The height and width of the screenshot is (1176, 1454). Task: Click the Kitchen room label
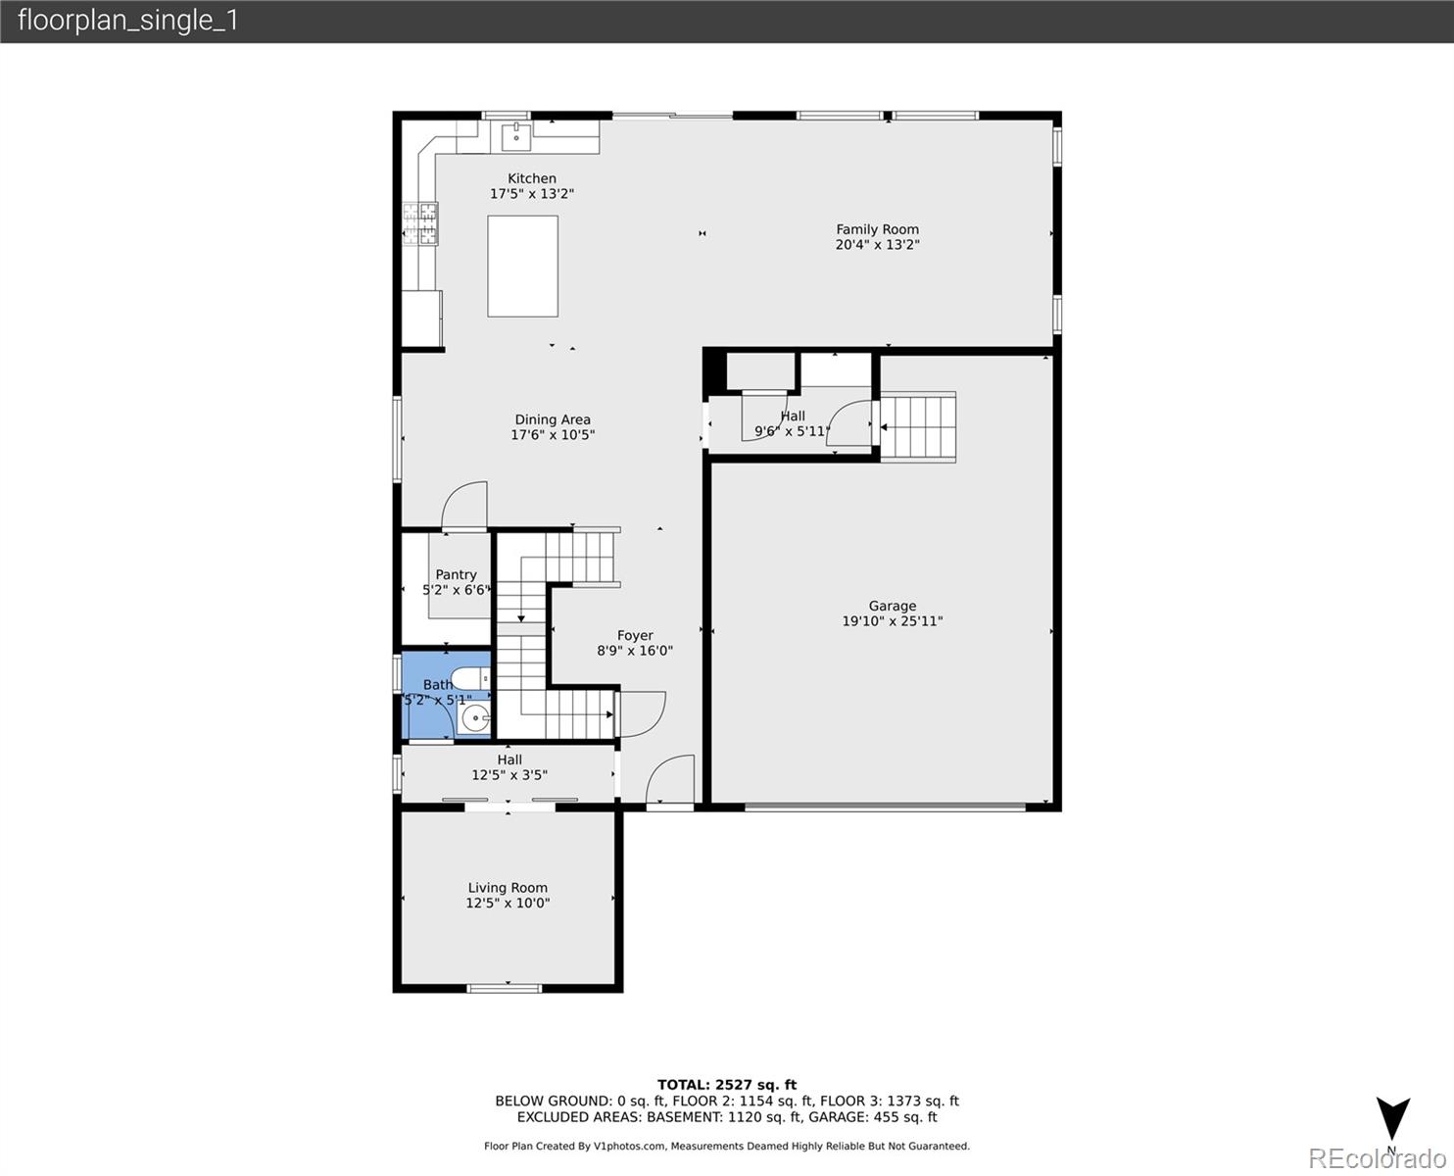(x=531, y=178)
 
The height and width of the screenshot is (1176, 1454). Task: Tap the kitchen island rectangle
(x=523, y=266)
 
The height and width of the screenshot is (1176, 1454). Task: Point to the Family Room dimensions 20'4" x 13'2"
(x=877, y=245)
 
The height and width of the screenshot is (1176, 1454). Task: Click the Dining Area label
(x=552, y=419)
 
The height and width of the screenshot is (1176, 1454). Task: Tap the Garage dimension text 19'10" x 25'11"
(x=892, y=621)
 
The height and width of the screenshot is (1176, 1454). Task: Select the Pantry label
(x=456, y=575)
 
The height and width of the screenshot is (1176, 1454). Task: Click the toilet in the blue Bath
(x=470, y=678)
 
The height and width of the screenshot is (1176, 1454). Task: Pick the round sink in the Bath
(x=475, y=719)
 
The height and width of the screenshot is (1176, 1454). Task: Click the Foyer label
(x=635, y=636)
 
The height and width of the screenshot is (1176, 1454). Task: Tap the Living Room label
(x=508, y=888)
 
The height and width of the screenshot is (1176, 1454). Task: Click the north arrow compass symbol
(x=1392, y=1120)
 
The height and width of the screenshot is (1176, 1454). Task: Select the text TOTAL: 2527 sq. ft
(x=726, y=1085)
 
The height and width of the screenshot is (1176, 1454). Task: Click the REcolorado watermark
(x=1376, y=1158)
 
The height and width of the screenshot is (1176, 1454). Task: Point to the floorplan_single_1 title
(x=128, y=21)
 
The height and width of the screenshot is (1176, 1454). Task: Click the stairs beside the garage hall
(x=918, y=426)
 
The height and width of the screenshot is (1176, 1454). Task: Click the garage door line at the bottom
(x=885, y=808)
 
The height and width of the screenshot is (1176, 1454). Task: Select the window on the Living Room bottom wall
(x=505, y=988)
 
